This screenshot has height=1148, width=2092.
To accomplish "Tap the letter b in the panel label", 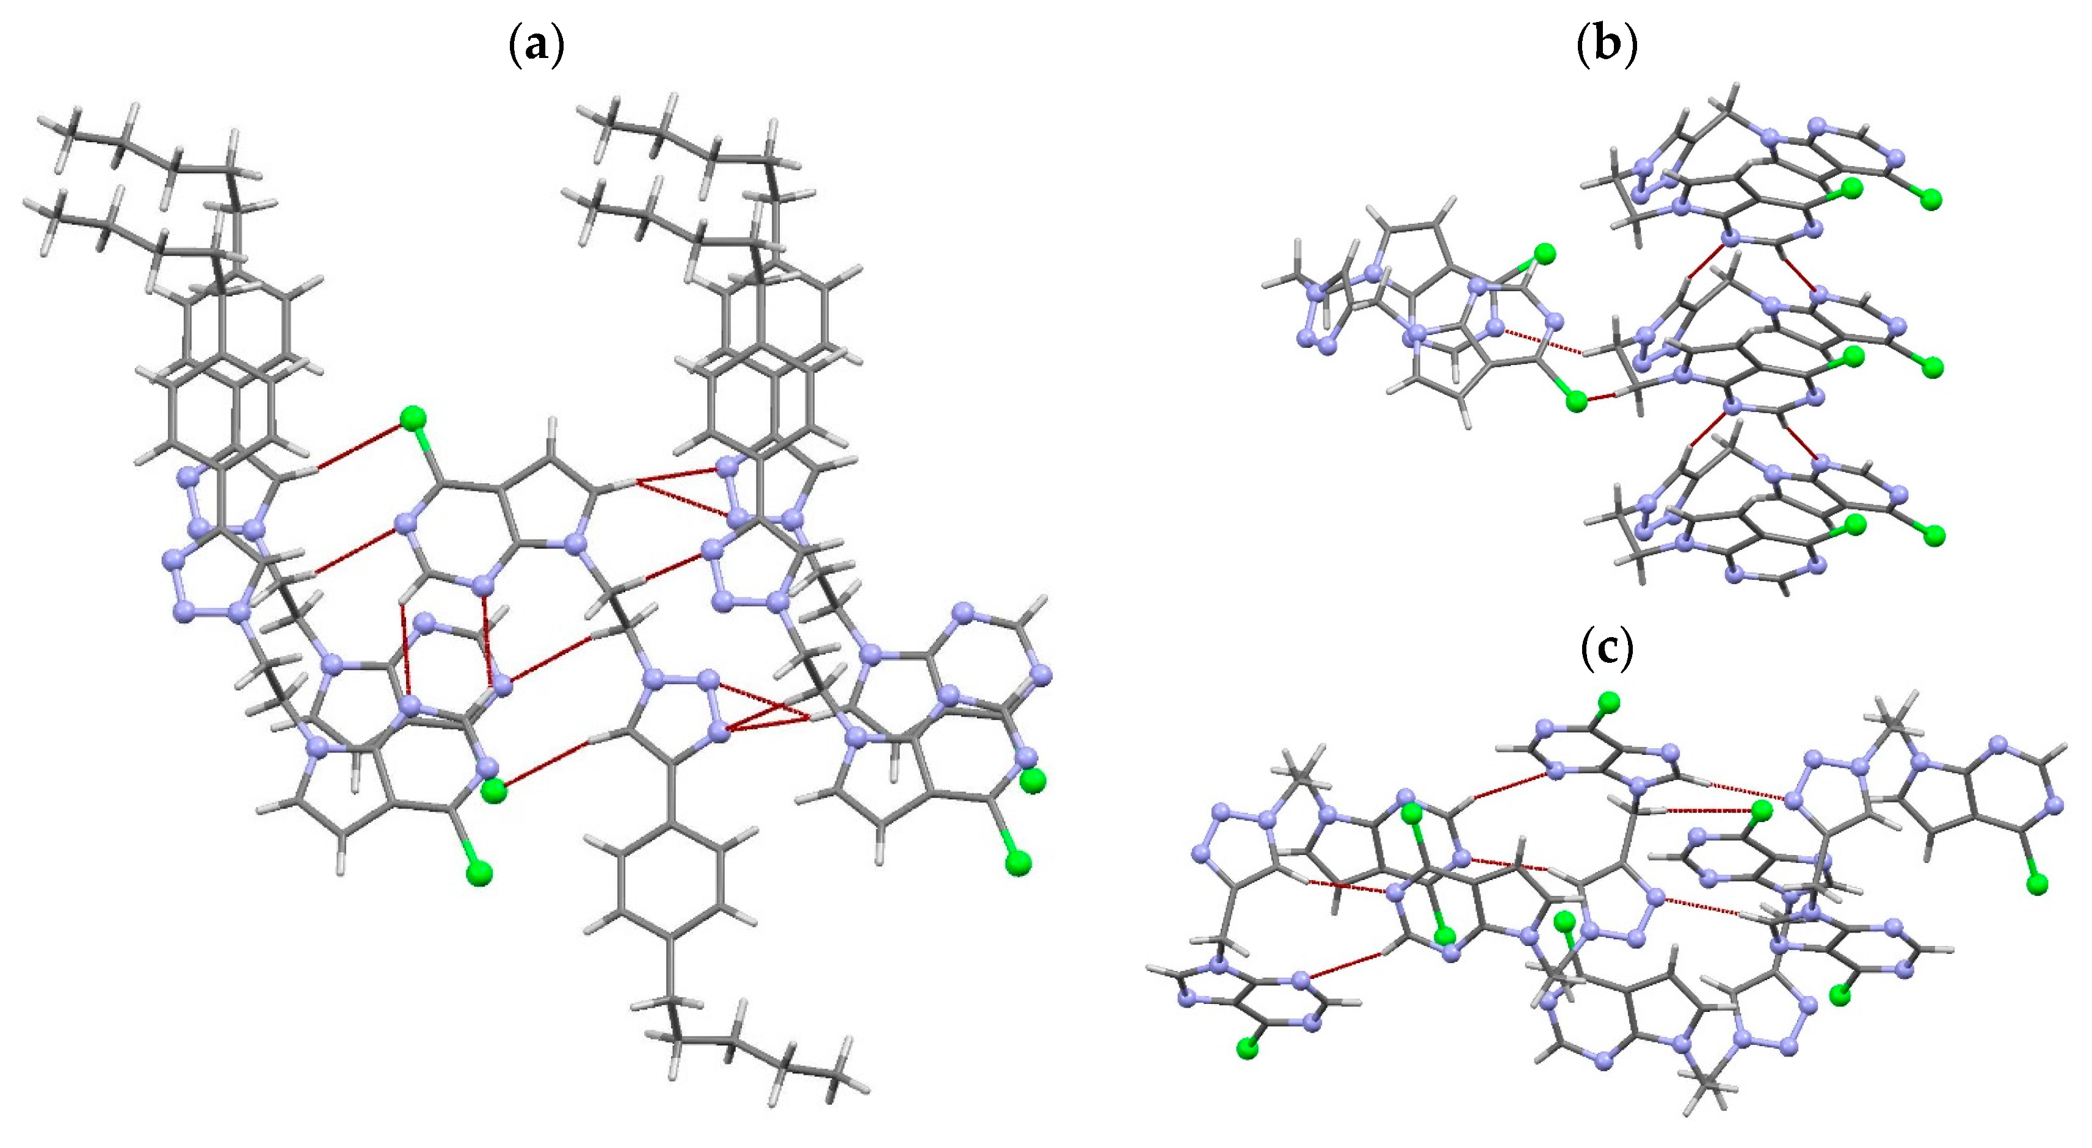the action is [1607, 45].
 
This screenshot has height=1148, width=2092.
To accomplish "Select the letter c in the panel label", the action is [1607, 649].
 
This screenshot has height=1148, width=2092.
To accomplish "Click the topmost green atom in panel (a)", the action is [413, 418].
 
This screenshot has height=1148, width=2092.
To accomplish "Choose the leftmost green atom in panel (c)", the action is [1248, 1050].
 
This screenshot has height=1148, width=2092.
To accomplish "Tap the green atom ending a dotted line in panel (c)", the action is [1760, 810].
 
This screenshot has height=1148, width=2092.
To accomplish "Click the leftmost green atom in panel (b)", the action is [1545, 254].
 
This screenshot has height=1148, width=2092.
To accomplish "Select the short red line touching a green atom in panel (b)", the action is [1596, 398].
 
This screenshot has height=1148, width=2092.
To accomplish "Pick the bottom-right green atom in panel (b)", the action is [1934, 535].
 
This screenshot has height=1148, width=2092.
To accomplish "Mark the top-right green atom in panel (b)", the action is [1931, 199].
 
